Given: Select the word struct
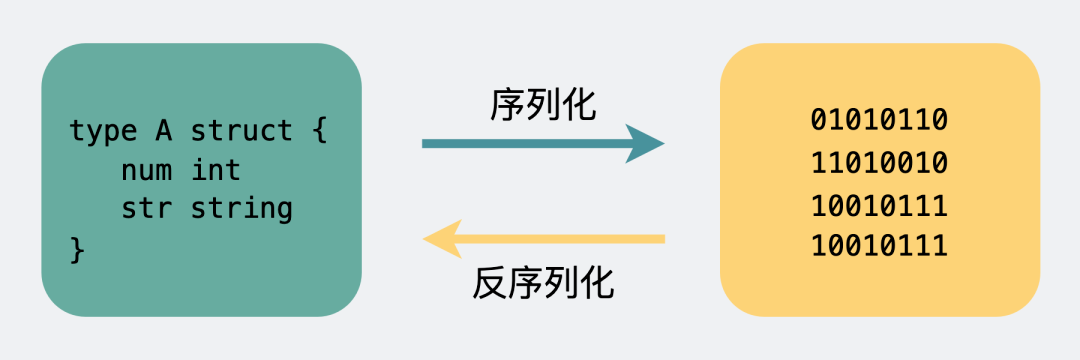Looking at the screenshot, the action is coord(241,131).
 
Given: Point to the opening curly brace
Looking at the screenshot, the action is coord(319,131).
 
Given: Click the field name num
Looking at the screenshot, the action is coord(145,170).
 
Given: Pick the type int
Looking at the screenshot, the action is coord(216,170).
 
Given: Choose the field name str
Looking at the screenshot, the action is coord(145,209).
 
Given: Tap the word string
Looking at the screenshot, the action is coord(241,209).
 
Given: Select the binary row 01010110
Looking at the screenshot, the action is coord(879,121).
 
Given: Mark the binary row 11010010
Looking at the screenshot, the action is coord(879,163).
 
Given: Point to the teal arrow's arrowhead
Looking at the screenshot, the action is coord(644,144).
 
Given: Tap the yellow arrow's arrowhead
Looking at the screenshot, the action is coord(443,238).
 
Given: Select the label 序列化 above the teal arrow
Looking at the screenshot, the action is coord(543,103).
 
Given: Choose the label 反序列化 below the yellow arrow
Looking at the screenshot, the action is coord(543,284).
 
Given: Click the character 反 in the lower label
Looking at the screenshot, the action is coord(490,284).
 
